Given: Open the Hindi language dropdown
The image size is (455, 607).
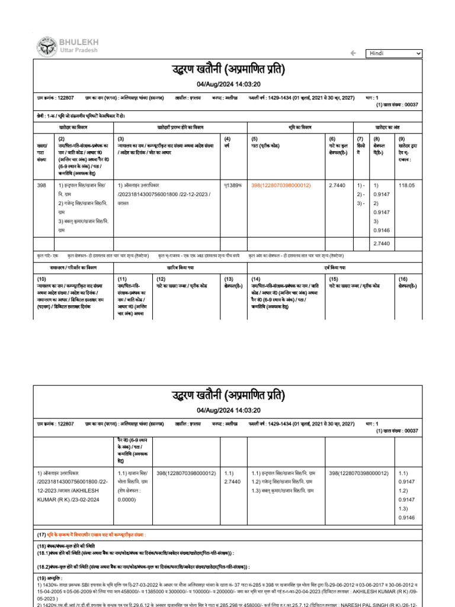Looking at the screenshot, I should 393,53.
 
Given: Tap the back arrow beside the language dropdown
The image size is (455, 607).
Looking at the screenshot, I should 353,53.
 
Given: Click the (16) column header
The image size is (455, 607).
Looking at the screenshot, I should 403,279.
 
